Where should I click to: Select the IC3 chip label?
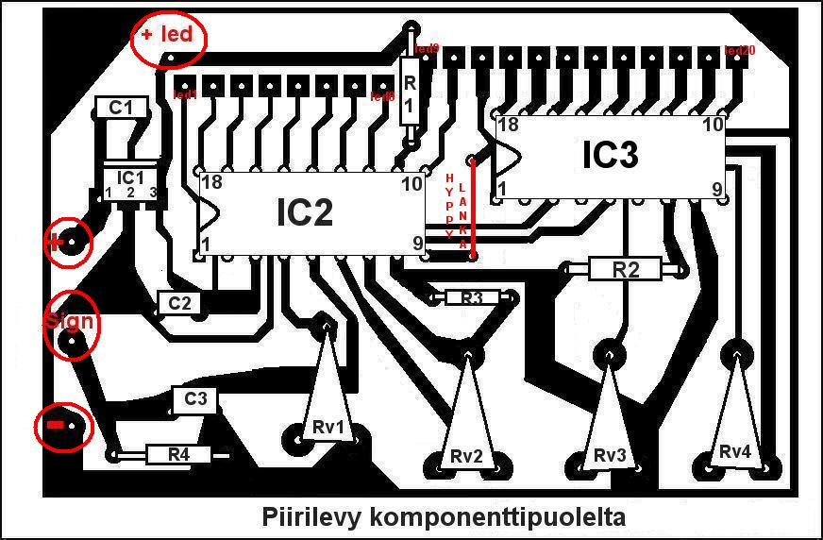click(x=611, y=157)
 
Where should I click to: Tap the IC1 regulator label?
click(x=130, y=177)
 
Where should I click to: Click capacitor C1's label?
click(x=121, y=109)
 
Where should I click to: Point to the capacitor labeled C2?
click(x=179, y=303)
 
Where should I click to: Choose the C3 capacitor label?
click(x=195, y=399)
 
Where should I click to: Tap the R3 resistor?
click(x=472, y=298)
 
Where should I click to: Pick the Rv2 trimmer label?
click(x=467, y=456)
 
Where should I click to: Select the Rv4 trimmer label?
click(x=734, y=452)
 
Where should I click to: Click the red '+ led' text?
click(x=166, y=35)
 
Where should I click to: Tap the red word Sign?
click(x=68, y=320)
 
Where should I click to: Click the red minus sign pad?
click(x=56, y=428)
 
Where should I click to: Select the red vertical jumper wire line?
click(x=473, y=208)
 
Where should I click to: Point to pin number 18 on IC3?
click(x=508, y=125)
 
